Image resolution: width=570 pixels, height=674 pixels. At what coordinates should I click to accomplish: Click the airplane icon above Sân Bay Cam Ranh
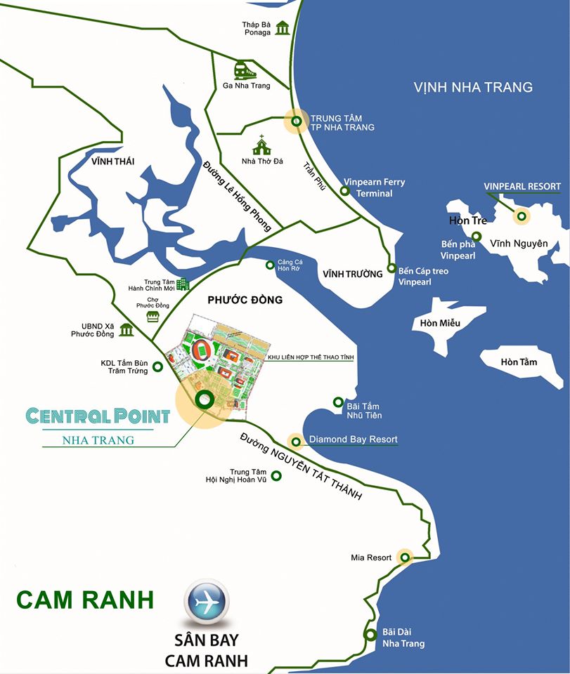point(206,601)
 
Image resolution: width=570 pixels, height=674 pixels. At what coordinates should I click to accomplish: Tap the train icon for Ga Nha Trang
point(245,70)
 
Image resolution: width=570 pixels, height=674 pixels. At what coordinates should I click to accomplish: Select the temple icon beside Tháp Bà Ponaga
point(283,27)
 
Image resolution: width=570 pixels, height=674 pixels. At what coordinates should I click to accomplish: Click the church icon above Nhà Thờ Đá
point(262,145)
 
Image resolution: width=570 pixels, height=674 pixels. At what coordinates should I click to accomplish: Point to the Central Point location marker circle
point(205,400)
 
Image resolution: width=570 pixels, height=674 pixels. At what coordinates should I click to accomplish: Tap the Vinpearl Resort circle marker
point(521,216)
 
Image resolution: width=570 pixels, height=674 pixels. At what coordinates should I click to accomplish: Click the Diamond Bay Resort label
point(354,440)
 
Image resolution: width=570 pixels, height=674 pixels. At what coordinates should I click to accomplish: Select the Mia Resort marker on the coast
point(405,557)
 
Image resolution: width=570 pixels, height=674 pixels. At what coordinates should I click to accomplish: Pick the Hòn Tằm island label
point(519,362)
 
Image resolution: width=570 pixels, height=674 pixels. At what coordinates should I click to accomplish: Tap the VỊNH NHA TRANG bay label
point(473,88)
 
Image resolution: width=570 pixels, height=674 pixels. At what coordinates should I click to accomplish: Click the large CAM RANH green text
point(85,600)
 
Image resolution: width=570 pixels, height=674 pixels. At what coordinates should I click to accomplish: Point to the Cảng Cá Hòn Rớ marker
point(270,265)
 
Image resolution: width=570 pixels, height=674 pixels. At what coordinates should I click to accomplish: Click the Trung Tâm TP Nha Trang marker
point(297,121)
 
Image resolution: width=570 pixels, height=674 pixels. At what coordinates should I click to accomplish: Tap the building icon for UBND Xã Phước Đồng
point(127,329)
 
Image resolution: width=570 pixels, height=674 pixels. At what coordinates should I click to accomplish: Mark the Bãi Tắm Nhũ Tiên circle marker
point(338,403)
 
